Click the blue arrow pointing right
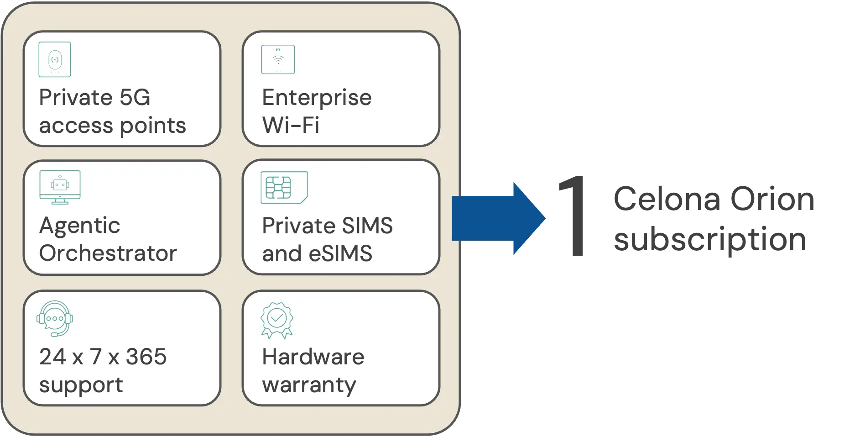498,218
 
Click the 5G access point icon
55,59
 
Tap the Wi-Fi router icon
278,59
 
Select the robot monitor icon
60,187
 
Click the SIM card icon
284,187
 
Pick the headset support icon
55,318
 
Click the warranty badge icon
276,320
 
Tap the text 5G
135,97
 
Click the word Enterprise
317,98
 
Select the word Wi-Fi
291,125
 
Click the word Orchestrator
108,253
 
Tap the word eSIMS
340,253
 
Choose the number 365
146,357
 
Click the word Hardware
313,357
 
